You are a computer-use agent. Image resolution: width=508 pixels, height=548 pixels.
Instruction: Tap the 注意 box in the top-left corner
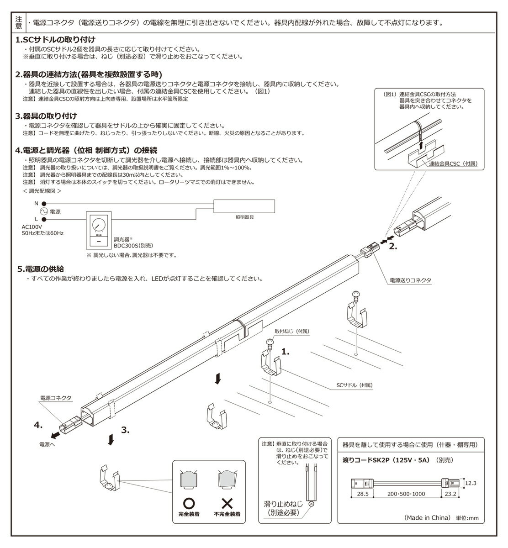(x=18, y=22)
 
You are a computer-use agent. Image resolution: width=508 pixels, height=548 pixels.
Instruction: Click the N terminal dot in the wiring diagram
(x=44, y=204)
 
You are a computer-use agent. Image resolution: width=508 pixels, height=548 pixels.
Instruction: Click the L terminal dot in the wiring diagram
(x=44, y=219)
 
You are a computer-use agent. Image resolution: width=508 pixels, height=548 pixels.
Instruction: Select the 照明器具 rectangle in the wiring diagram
(x=244, y=206)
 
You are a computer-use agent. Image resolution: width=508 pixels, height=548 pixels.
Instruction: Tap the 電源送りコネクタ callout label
(x=410, y=279)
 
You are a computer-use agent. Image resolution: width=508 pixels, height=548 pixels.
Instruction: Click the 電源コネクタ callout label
(x=56, y=398)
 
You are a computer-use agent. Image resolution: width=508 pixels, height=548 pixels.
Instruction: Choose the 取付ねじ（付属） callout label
(x=292, y=330)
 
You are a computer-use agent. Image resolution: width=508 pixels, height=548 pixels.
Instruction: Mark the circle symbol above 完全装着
(x=189, y=503)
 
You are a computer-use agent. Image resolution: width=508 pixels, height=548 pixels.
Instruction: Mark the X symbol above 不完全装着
(x=227, y=503)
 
